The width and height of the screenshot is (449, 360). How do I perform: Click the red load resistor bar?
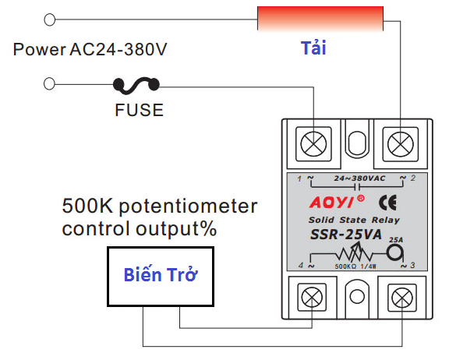[320, 19]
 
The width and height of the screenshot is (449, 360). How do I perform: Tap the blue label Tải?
[313, 48]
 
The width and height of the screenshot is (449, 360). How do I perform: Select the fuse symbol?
[136, 85]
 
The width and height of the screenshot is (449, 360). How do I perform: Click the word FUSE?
[140, 110]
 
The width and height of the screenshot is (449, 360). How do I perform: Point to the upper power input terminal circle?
[50, 19]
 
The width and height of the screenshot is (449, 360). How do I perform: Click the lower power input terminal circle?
[50, 84]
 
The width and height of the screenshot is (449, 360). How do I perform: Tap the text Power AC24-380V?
[90, 49]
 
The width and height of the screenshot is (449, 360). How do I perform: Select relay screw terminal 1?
[313, 144]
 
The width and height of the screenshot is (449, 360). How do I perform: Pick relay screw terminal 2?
[401, 144]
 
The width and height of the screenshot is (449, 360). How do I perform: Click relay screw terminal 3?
[402, 298]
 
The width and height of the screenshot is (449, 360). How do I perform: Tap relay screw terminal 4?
[312, 298]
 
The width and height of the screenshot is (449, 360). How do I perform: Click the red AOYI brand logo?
[337, 202]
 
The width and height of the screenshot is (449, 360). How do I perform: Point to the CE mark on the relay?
[387, 203]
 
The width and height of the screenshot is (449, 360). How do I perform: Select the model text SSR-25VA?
[346, 235]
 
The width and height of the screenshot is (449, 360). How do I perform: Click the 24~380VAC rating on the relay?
[359, 178]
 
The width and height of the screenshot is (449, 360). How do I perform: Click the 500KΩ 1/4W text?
[355, 266]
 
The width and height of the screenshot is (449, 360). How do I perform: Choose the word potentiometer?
[188, 207]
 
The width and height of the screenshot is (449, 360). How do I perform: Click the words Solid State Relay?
[354, 220]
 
